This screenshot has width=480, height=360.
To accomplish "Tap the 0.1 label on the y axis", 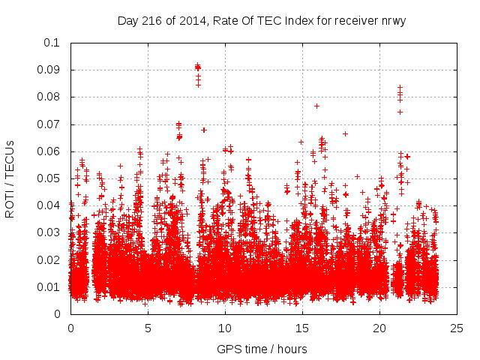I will pos(52,43).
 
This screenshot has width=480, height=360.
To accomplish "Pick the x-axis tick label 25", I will pos(457,328).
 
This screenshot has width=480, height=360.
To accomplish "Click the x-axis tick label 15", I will pos(302,328).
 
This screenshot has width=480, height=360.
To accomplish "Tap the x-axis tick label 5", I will pos(148,328).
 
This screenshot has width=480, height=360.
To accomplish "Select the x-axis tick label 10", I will pos(225,328).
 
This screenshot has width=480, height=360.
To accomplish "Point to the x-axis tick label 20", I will pos(379,328).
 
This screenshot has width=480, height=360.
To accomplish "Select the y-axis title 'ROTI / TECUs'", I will pos(10,178).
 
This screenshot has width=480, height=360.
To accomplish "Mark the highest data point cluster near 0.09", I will pos(198,67).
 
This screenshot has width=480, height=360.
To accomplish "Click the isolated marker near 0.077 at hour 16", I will pos(316,106).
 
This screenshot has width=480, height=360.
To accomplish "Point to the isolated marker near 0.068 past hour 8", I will pos(203,130).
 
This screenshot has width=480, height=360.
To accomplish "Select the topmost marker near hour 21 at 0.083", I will pos(400,88).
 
